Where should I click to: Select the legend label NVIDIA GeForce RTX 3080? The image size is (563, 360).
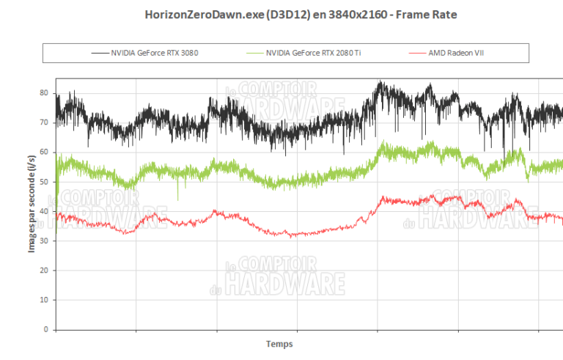click(155, 53)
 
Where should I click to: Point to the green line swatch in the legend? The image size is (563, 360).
click(254, 53)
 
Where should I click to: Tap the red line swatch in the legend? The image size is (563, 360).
click(419, 53)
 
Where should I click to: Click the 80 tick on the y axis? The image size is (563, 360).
click(45, 93)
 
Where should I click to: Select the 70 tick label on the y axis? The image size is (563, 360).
click(45, 122)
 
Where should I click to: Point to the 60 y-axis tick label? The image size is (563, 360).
click(45, 152)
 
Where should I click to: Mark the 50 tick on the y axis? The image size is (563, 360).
click(45, 182)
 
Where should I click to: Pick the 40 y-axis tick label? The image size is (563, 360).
click(45, 211)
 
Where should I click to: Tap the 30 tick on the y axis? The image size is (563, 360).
click(45, 240)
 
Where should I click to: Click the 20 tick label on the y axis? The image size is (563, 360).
click(45, 271)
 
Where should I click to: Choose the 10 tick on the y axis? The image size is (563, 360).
click(45, 300)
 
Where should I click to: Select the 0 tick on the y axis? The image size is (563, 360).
click(47, 329)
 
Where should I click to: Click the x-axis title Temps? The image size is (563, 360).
click(279, 343)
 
